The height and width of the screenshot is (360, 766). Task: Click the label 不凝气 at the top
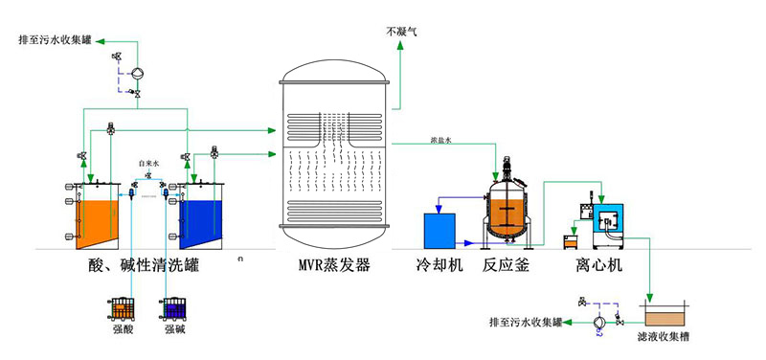tap(401, 32)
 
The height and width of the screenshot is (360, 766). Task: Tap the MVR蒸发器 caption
tap(333, 264)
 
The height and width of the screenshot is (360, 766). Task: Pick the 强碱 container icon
tap(174, 308)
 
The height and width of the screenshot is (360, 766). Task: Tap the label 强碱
tap(174, 330)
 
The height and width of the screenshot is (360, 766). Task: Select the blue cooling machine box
tap(444, 230)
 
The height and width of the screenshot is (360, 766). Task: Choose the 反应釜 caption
tap(506, 264)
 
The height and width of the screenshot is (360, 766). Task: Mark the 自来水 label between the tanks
tap(147, 163)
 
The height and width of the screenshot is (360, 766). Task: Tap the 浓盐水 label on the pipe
tap(440, 140)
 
